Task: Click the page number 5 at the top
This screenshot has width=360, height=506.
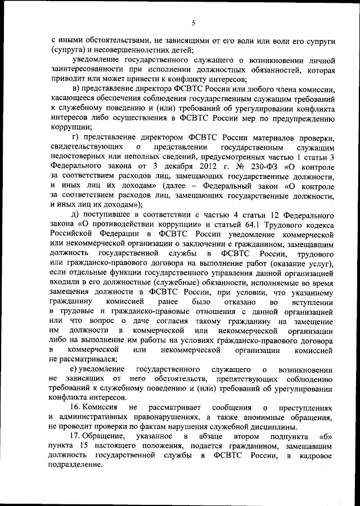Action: click(x=193, y=23)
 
